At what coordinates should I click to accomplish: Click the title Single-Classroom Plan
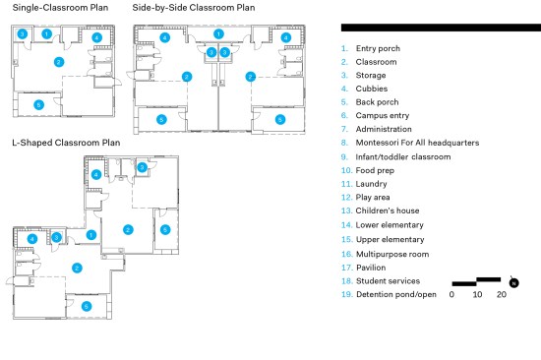(60, 8)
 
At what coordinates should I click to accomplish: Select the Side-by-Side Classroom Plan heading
(194, 8)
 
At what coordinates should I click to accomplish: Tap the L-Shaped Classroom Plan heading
(66, 143)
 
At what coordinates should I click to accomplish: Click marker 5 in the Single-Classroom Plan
(38, 104)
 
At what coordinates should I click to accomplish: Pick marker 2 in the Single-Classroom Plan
(59, 62)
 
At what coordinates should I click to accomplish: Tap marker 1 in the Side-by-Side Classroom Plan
(218, 33)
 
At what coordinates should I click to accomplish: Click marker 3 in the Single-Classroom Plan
(22, 33)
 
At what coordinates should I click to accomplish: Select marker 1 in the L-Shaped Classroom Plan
(91, 235)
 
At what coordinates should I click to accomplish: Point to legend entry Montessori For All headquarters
(410, 143)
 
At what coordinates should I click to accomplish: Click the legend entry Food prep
(368, 170)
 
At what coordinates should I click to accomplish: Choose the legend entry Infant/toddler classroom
(395, 157)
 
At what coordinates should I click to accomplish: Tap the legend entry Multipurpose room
(385, 255)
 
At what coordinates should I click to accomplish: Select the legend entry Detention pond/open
(389, 294)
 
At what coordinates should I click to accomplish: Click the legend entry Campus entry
(375, 116)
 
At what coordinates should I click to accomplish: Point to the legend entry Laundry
(364, 184)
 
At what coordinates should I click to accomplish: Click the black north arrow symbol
(513, 282)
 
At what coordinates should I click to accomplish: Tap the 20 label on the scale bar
(502, 294)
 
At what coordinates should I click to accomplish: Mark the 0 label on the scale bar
(451, 294)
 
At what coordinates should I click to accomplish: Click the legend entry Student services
(381, 281)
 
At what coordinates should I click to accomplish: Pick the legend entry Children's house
(381, 210)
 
